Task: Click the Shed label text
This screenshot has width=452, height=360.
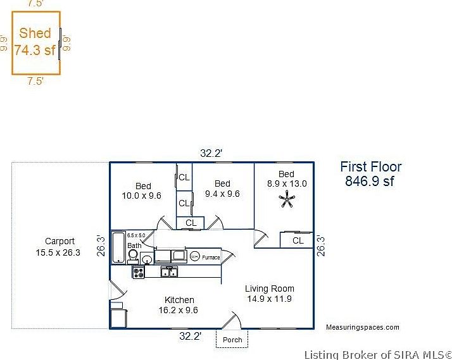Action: pos(35,34)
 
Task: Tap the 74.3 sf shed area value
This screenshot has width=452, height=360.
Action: pos(35,51)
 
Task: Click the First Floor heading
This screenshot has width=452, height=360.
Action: pos(370,167)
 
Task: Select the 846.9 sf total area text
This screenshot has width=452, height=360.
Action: pos(370,181)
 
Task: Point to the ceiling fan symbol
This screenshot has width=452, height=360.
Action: pos(286,201)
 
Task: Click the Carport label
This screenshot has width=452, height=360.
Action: pos(60,241)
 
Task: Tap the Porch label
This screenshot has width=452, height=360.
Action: pos(232,340)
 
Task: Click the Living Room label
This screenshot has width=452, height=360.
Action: pos(270,289)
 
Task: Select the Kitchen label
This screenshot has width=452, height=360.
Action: pos(179,300)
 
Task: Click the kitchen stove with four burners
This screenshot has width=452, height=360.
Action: pos(139,271)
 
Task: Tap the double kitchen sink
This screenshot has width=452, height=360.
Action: pos(169,271)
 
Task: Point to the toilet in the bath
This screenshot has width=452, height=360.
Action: pos(134,255)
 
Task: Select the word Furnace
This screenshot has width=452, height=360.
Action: pos(211,258)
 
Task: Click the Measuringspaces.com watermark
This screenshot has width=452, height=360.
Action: pos(362,327)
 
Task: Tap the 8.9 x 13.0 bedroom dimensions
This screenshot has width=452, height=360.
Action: pos(286,183)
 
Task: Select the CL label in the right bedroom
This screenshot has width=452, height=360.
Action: pos(298,240)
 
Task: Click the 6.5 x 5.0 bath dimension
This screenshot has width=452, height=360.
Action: pos(135,235)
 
